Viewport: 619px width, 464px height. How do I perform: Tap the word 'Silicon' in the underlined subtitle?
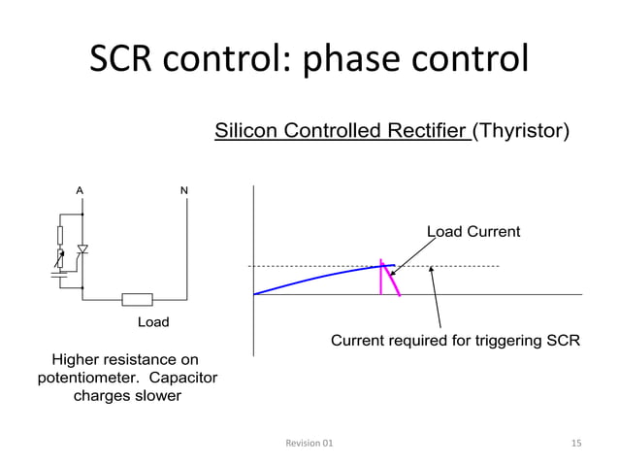[x=246, y=131]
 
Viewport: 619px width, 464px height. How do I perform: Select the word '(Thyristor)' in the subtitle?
[x=521, y=131]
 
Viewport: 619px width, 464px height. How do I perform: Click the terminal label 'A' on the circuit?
[x=80, y=190]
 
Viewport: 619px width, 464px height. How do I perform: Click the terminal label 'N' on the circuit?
[x=184, y=190]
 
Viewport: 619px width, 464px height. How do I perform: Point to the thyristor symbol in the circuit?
[x=82, y=250]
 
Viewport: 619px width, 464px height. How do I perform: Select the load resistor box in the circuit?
[x=137, y=300]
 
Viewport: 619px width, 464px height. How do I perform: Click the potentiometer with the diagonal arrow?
[x=60, y=258]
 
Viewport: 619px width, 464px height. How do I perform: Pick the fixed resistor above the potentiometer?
[x=60, y=234]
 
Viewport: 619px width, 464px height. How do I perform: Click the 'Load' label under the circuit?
[x=152, y=321]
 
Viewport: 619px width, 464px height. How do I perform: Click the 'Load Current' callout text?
[x=473, y=232]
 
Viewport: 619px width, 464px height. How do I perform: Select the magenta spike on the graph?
[x=390, y=278]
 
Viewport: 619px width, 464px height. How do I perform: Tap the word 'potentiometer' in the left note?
[x=82, y=378]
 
